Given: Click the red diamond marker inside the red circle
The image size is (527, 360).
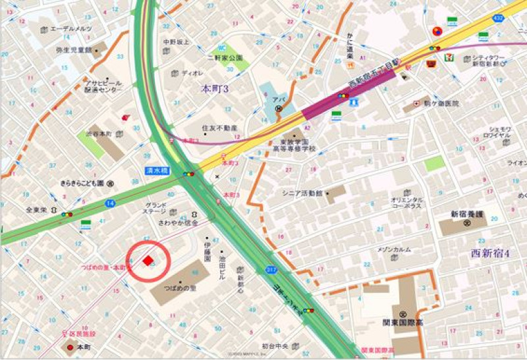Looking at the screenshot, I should pos(148,261).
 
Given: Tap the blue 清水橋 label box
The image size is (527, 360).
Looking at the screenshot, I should pos(157,170).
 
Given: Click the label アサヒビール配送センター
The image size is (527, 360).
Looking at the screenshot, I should pos(101,87).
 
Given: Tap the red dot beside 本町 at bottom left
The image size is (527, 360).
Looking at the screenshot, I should pos(70,346).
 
